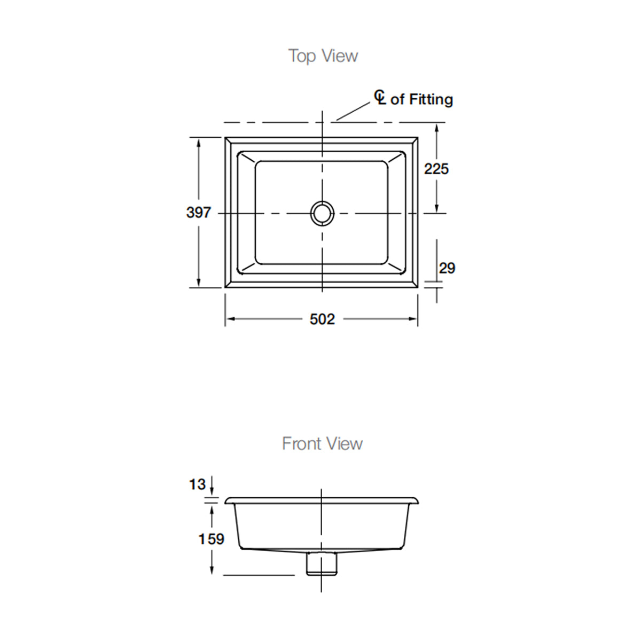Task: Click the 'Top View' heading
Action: pyautogui.click(x=323, y=56)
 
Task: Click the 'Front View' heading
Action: pyautogui.click(x=322, y=443)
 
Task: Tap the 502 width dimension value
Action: pyautogui.click(x=322, y=319)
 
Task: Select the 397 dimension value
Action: pyautogui.click(x=199, y=212)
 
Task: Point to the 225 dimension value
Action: pyautogui.click(x=436, y=169)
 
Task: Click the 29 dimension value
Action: pyautogui.click(x=447, y=268)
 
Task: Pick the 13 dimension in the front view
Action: pyautogui.click(x=198, y=484)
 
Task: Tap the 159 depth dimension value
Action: pyautogui.click(x=211, y=539)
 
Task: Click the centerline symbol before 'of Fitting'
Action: pyautogui.click(x=380, y=97)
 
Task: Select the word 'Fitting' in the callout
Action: pyautogui.click(x=431, y=99)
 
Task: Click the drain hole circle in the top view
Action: pyautogui.click(x=322, y=213)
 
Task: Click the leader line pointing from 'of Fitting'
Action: pyautogui.click(x=353, y=111)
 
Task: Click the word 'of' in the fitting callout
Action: pyautogui.click(x=397, y=99)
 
